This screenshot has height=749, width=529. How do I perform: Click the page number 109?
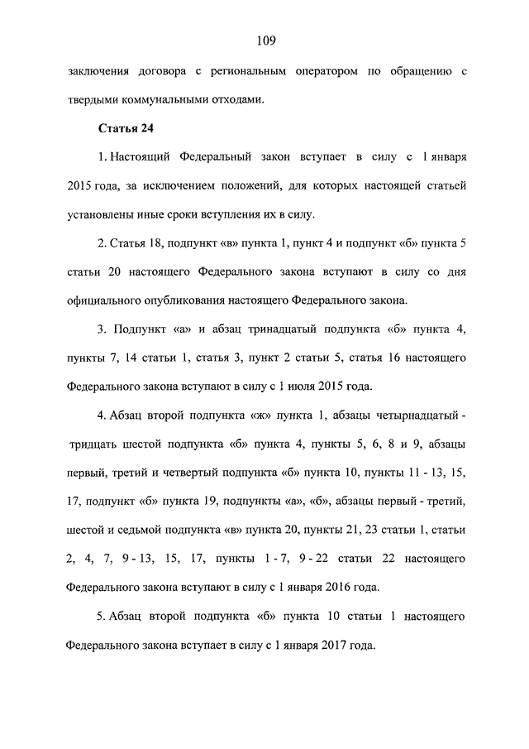[x=264, y=40]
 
